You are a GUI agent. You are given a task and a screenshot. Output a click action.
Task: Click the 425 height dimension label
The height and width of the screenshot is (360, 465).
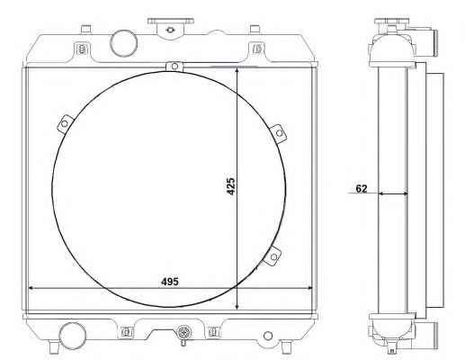(231, 186)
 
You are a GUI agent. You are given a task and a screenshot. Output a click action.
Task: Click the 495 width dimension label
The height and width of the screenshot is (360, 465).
(170, 282)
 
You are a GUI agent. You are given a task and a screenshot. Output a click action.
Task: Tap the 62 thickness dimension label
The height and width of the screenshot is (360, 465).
(362, 188)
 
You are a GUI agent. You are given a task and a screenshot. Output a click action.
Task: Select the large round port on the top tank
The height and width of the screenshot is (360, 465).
(123, 42)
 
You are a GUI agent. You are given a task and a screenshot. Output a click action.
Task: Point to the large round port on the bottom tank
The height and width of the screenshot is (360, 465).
(72, 336)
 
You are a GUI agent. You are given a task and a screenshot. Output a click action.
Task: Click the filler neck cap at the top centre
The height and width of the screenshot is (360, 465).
(171, 28)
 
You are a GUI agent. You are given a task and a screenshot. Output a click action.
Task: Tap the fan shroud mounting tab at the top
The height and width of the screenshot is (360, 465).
(174, 67)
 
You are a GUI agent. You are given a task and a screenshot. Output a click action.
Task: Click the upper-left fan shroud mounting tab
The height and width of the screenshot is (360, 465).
(65, 123)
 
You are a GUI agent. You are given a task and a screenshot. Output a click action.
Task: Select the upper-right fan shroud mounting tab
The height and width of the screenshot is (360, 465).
(279, 133)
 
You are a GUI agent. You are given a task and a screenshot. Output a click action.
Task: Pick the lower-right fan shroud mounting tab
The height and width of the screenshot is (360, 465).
(273, 256)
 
